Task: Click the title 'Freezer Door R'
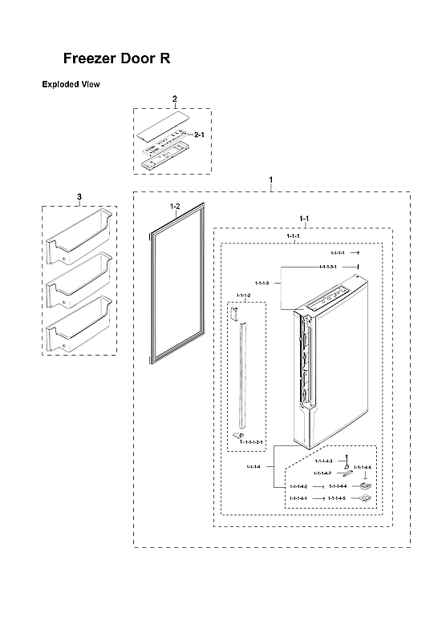117,59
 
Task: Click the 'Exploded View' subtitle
71,84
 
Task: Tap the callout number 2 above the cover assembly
175,99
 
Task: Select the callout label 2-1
200,136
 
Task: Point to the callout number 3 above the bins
79,196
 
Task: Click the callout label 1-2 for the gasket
176,207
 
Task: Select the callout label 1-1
304,218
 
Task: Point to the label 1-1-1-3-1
326,266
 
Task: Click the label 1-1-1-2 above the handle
243,296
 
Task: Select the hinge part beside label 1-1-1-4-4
366,485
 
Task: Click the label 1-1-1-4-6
363,467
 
